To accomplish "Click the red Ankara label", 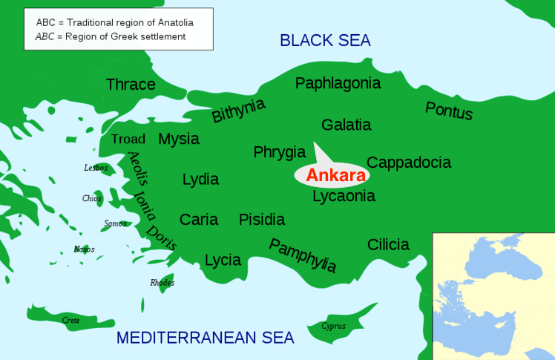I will pos(336,176).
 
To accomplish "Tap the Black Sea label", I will pos(325,40).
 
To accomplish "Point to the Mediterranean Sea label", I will pos(206,338).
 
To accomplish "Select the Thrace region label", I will pos(131,85).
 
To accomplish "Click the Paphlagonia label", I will pos(338,83).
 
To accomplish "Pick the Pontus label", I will pos(449,111).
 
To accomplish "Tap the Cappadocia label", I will pos(409,163).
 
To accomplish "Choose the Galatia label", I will pos(347,125).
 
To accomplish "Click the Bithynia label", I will pos(238,111).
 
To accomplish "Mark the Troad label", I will pos(128,140).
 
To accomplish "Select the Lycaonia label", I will pos(344,196).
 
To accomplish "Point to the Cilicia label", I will pos(388,244).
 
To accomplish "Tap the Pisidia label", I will pos(262,220).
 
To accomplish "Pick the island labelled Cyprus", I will pos(333,326).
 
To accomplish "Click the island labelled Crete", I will pos(71,320).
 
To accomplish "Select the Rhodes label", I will pos(162,283).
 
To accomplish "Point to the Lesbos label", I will pos(96,168).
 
